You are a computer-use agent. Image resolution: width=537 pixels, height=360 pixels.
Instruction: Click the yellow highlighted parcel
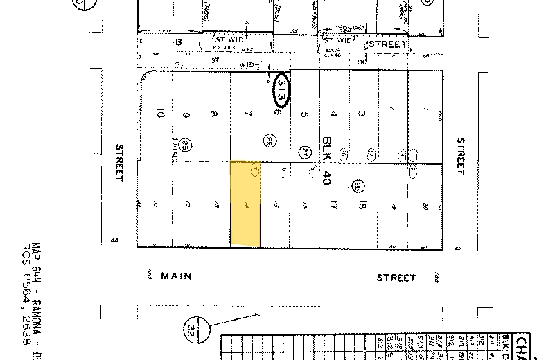[x=245, y=204]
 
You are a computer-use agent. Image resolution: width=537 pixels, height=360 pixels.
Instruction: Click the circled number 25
[x=186, y=145]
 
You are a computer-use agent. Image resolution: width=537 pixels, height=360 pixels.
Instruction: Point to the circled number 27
[x=304, y=152]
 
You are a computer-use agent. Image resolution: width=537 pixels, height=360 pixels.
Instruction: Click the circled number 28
[x=358, y=186]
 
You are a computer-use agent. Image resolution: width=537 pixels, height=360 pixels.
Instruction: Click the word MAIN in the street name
[x=175, y=276]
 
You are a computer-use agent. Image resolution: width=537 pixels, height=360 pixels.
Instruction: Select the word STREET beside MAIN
[x=396, y=278]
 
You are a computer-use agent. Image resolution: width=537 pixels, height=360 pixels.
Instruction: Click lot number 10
[x=160, y=114]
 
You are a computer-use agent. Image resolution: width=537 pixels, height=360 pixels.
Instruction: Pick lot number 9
[x=186, y=114]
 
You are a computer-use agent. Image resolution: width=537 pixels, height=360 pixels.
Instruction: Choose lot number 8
[x=214, y=114]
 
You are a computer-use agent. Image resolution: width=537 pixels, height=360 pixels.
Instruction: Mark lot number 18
[x=362, y=206]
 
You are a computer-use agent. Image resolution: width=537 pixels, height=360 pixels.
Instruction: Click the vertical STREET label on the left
[x=119, y=163]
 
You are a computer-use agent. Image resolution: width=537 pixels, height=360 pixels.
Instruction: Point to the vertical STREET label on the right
[x=461, y=156]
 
